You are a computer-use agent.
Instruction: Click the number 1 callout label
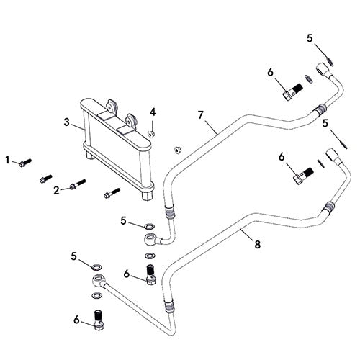(x=8, y=159)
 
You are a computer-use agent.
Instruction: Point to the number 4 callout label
(x=152, y=112)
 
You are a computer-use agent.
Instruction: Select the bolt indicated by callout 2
(x=77, y=186)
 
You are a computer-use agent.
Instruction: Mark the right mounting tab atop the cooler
(x=131, y=120)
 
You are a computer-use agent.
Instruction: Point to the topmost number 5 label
(x=310, y=38)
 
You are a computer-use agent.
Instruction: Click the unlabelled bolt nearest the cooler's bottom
(x=110, y=193)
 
